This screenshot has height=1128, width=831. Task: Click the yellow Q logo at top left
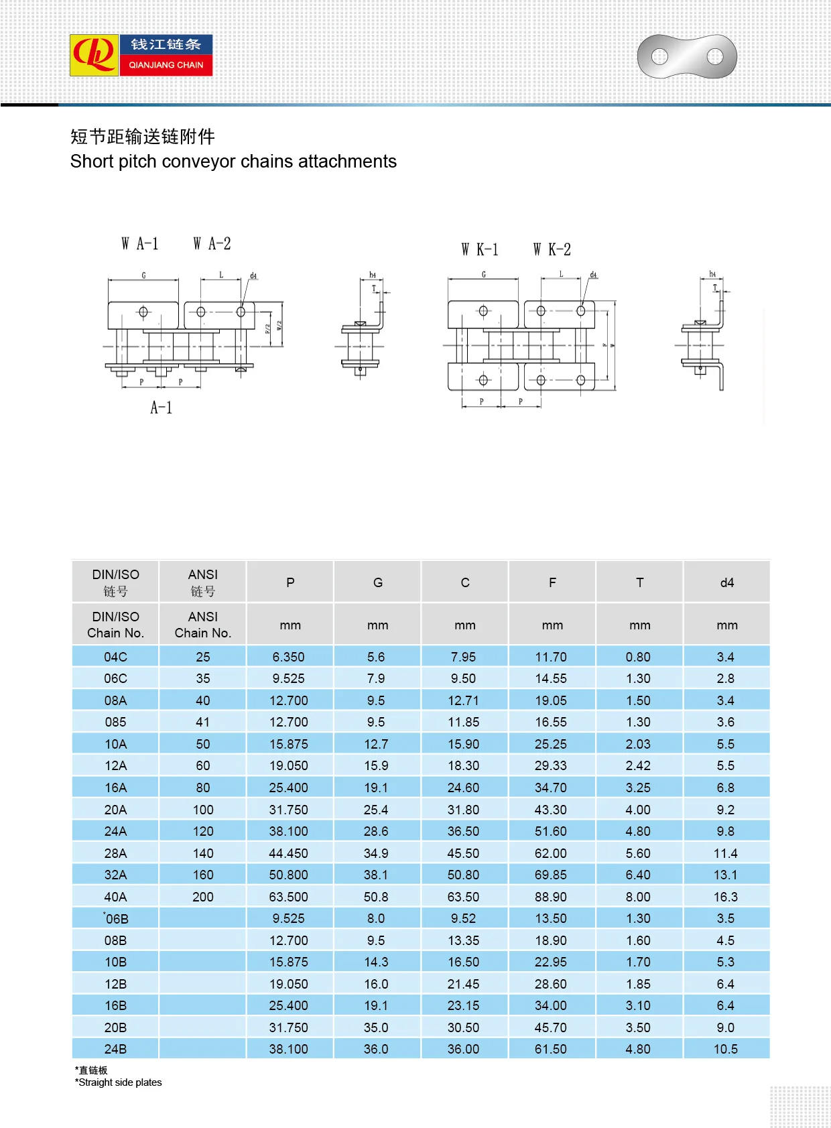pyautogui.click(x=94, y=55)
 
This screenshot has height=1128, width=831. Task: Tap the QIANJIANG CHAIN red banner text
pyautogui.click(x=166, y=65)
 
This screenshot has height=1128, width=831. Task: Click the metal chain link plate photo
pyautogui.click(x=687, y=56)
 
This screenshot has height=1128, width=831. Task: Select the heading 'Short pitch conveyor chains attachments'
pyautogui.click(x=233, y=162)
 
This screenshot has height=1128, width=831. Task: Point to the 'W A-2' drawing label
pyautogui.click(x=212, y=244)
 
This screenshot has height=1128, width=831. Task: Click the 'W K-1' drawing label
pyautogui.click(x=480, y=250)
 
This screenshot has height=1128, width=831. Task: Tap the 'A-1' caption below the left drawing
pyautogui.click(x=162, y=408)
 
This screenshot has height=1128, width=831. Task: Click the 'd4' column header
pyautogui.click(x=726, y=582)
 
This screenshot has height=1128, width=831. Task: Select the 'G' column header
pyautogui.click(x=377, y=582)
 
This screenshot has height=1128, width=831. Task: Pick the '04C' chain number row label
pyautogui.click(x=115, y=657)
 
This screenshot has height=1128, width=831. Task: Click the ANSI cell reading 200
pyautogui.click(x=202, y=897)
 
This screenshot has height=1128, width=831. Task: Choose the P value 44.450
pyautogui.click(x=289, y=853)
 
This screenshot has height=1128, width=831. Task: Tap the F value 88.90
pyautogui.click(x=551, y=897)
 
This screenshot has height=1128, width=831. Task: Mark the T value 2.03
pyautogui.click(x=638, y=744)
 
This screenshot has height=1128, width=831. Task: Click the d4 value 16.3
pyautogui.click(x=725, y=897)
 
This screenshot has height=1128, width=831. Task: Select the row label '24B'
pyautogui.click(x=115, y=1049)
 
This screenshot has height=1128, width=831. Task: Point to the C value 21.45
pyautogui.click(x=463, y=984)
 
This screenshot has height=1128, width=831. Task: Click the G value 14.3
pyautogui.click(x=376, y=962)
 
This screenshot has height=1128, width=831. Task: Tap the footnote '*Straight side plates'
pyautogui.click(x=119, y=1082)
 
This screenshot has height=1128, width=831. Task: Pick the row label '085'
pyautogui.click(x=115, y=722)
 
